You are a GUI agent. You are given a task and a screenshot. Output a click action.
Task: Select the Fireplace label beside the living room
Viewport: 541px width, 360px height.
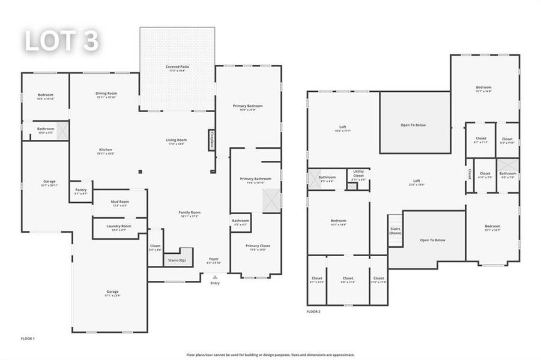211,140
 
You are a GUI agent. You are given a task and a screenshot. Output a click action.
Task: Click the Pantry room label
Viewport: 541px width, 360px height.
80,191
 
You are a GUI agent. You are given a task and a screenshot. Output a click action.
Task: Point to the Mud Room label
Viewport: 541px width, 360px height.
119,203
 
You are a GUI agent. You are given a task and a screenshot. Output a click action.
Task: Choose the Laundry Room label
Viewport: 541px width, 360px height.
119,227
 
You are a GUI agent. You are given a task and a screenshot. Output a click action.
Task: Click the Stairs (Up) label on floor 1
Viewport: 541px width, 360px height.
176,260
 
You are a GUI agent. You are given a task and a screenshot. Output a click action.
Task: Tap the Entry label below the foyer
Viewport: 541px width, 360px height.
215,283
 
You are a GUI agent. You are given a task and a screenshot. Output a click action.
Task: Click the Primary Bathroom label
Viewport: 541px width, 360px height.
255,180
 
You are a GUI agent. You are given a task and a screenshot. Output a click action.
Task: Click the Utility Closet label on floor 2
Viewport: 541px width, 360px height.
358,173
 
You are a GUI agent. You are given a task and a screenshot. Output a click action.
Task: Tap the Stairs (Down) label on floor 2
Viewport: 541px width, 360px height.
395,230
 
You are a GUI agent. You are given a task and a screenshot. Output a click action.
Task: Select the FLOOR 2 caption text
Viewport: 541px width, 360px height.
313,312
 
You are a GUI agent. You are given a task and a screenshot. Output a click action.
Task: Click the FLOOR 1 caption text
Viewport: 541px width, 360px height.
28,339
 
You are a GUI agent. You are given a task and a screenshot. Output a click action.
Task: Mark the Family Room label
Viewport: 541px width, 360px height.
189,214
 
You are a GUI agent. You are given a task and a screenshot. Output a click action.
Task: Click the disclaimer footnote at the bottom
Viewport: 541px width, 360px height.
270,354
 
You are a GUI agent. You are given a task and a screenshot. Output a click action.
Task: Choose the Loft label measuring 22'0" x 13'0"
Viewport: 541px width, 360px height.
417,182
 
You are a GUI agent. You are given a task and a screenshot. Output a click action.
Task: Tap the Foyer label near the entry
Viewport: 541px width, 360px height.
214,260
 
